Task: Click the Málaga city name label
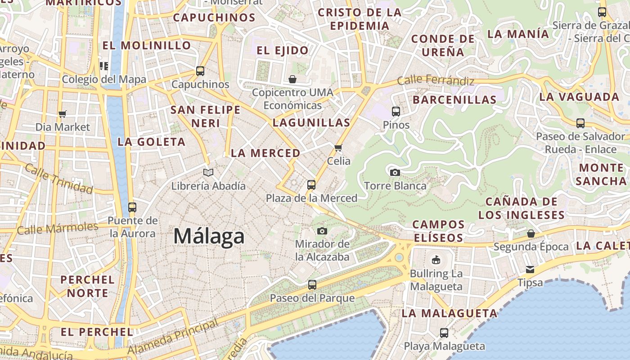pos(209,236)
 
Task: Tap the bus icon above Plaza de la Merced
pos(311,184)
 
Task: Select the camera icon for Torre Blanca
pos(395,172)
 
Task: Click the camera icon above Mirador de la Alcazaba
pos(322,231)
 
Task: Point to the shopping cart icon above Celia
pos(338,148)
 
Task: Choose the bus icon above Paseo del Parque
pos(312,284)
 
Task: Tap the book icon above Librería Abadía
pos(208,172)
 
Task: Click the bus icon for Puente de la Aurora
pos(132,207)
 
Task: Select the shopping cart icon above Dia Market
pos(62,114)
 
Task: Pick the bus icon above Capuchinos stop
pos(200,71)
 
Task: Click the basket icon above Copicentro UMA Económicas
pos(292,80)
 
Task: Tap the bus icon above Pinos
pos(396,111)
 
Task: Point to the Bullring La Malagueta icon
pos(436,260)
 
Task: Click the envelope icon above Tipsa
pos(530,270)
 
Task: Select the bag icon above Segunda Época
pos(531,234)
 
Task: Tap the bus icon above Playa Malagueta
pos(444,333)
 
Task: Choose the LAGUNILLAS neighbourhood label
pos(311,122)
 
